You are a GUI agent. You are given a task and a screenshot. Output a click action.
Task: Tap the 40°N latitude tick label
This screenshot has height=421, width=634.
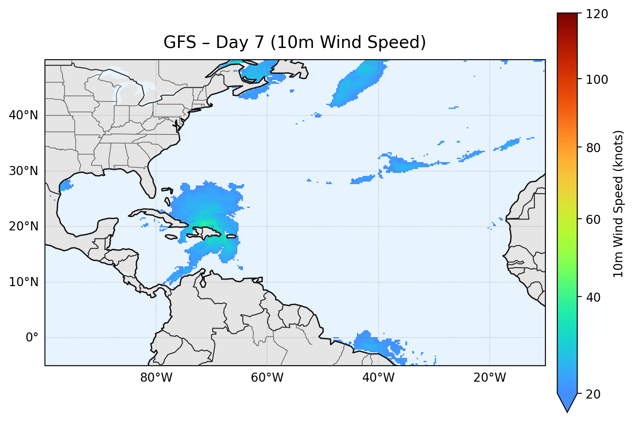(23, 115)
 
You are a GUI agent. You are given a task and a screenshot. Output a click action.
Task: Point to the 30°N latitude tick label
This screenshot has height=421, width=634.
(23, 171)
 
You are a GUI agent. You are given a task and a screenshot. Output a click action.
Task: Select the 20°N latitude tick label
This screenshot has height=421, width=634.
(23, 226)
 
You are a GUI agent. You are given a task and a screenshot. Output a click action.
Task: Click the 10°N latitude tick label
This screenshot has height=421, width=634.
(23, 282)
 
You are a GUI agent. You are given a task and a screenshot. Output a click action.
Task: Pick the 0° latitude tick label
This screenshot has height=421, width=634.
(32, 338)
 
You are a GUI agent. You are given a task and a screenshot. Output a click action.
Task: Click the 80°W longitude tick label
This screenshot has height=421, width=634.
(156, 378)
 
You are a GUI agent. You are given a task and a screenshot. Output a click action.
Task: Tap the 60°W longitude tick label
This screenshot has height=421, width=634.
(267, 378)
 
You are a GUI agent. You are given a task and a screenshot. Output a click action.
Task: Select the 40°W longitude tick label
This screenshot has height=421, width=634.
(378, 378)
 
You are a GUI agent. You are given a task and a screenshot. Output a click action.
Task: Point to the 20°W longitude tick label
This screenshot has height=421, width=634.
(489, 378)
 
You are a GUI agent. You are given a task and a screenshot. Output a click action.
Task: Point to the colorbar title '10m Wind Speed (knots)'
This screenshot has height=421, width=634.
(618, 204)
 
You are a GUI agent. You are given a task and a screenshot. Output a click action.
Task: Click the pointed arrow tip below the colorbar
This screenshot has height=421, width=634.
(567, 409)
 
